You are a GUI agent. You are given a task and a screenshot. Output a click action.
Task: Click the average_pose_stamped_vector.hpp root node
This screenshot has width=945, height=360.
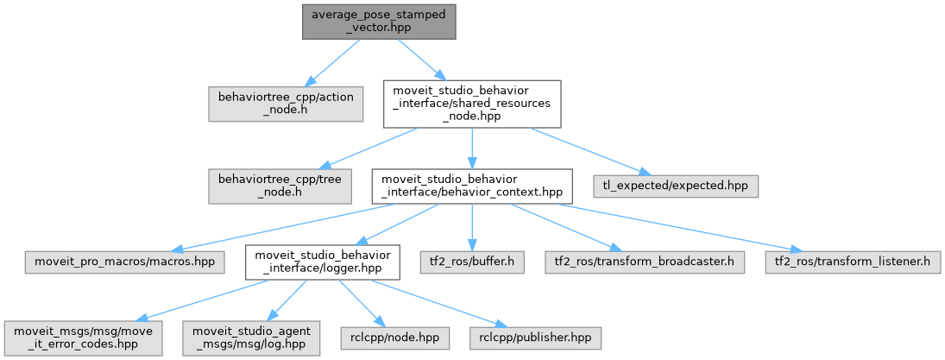pos(379,22)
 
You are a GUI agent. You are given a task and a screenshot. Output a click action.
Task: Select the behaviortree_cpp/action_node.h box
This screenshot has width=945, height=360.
pos(286,104)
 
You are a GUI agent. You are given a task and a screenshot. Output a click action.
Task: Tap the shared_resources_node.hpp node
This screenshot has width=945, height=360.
pos(472,104)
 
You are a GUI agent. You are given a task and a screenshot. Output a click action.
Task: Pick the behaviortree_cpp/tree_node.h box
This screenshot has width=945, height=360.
pos(280,186)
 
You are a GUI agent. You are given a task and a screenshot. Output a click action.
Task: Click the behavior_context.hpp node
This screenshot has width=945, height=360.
pos(472,186)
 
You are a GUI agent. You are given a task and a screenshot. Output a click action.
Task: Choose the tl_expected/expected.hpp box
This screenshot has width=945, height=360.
pos(674,186)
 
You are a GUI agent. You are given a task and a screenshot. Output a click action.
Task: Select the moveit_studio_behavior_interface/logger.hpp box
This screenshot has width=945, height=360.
pos(323,262)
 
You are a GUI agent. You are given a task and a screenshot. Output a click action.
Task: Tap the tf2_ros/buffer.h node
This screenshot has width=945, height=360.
pos(472,262)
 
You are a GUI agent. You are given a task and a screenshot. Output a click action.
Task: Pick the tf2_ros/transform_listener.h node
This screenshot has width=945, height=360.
pos(853,262)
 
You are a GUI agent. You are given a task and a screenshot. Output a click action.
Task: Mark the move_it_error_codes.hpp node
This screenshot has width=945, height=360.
pos(83,338)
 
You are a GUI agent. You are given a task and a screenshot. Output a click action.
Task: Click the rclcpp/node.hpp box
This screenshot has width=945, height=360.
pos(395,338)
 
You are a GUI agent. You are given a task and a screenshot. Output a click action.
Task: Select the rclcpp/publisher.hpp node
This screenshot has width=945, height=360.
pos(536,338)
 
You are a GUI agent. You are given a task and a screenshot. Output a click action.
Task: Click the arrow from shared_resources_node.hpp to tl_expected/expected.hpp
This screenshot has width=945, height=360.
pos(581,151)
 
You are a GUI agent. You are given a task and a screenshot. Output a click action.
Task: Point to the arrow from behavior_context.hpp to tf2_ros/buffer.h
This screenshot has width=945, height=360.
pos(472,227)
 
